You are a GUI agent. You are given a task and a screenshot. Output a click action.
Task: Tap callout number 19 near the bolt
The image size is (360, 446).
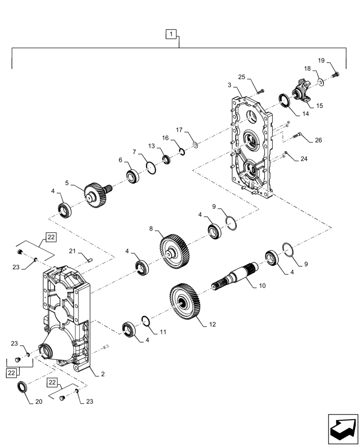point(321,61)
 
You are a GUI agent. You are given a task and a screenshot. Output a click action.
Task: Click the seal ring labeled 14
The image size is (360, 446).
point(283,100)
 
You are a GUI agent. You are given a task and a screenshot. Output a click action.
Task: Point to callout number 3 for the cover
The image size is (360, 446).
point(229,85)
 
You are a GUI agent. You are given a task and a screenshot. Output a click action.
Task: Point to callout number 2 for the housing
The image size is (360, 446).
point(102,374)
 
